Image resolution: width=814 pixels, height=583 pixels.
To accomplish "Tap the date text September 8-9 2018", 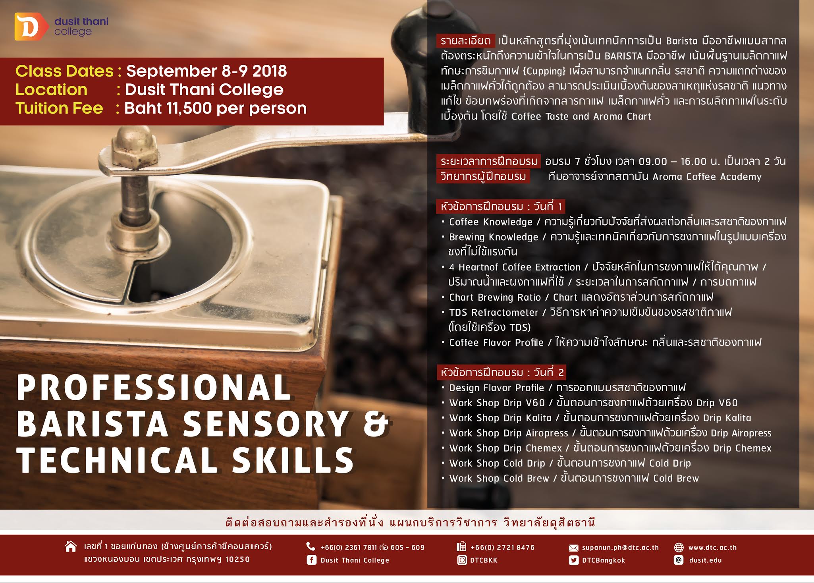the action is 206,71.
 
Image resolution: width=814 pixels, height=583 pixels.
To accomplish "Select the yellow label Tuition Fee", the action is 59,108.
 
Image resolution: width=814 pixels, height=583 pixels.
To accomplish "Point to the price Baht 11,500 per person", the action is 216,108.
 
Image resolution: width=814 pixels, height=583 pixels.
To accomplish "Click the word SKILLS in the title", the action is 293,459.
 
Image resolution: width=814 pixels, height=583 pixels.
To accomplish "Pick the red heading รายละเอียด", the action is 465,41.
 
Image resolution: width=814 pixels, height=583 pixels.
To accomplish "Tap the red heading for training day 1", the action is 501,207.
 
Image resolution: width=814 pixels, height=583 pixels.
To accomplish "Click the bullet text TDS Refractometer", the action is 494,313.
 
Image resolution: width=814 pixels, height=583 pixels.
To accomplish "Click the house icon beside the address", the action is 71,546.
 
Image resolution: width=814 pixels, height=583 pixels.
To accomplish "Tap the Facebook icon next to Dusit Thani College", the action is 311,560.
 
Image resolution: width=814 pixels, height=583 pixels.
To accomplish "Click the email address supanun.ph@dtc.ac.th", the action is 620,548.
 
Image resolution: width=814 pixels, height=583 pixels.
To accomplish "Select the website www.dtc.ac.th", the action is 712,548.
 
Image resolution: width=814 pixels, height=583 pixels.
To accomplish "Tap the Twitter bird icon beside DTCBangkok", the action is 573,560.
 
